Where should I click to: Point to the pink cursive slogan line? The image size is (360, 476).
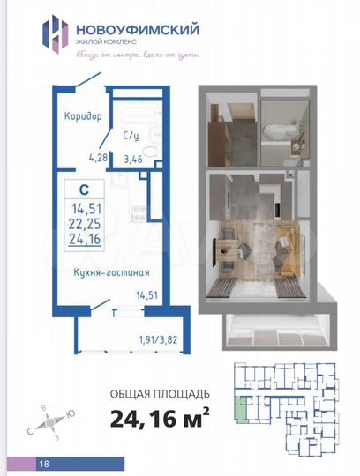point(148,55)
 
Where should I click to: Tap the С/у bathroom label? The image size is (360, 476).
point(130,138)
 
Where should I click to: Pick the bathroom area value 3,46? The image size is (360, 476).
point(131,160)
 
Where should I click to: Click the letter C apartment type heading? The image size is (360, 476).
point(83,188)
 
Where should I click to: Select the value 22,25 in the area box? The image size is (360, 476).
point(85,223)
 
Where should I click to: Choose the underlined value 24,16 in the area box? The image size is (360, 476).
point(85,239)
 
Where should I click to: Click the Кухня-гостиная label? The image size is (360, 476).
point(104,274)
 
